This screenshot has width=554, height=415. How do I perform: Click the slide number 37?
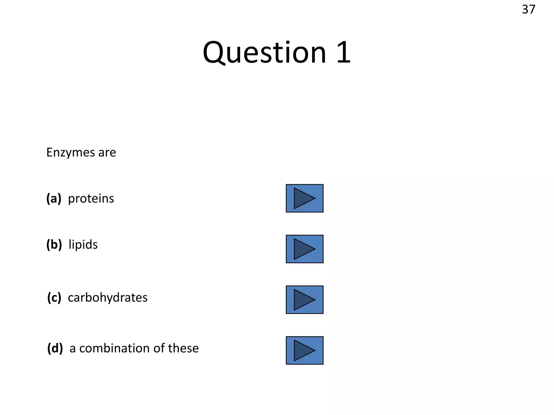pyautogui.click(x=528, y=10)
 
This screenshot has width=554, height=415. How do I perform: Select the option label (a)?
pyautogui.click(x=54, y=199)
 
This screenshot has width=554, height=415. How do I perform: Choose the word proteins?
pyautogui.click(x=91, y=199)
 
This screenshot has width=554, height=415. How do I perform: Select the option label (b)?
pyautogui.click(x=54, y=245)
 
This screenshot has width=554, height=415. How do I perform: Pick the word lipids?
pyautogui.click(x=83, y=245)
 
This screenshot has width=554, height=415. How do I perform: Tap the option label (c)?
pyautogui.click(x=54, y=298)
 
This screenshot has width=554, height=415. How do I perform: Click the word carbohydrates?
pyautogui.click(x=108, y=298)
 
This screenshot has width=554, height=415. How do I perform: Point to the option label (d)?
pyautogui.click(x=55, y=348)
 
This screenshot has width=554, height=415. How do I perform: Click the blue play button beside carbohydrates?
pyautogui.click(x=305, y=300)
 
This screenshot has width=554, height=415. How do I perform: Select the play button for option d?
pyautogui.click(x=305, y=350)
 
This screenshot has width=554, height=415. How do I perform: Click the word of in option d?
pyautogui.click(x=159, y=348)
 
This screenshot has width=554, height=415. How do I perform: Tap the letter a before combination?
pyautogui.click(x=72, y=349)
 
